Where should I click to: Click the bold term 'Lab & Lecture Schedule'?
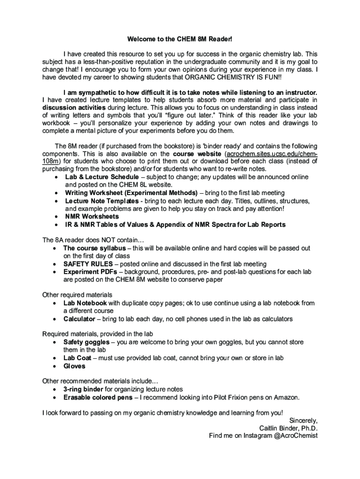101,177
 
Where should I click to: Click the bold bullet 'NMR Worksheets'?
92,217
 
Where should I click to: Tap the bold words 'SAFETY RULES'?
88,264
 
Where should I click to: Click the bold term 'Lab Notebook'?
85,303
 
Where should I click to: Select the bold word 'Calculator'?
79,319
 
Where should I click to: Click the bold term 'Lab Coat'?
77,358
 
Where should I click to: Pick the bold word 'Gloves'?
74,366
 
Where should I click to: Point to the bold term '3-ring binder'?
83,389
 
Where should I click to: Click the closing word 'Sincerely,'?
303,420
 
